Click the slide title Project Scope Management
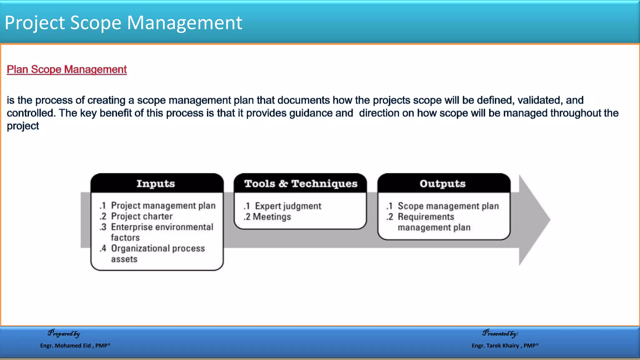(x=123, y=23)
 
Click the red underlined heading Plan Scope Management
(x=67, y=69)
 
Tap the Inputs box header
(x=156, y=183)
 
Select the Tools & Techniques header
(x=301, y=183)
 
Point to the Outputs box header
(x=442, y=183)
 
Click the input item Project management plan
(x=163, y=206)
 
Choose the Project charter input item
(x=142, y=216)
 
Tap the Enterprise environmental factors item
(x=162, y=232)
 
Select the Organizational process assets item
(x=158, y=253)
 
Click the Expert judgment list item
(x=288, y=206)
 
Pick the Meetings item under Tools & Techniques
(x=272, y=217)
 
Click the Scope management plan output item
(x=448, y=206)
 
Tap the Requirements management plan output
(x=434, y=222)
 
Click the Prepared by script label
(x=64, y=333)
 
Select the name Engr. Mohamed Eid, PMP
(x=75, y=346)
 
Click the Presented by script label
(x=500, y=333)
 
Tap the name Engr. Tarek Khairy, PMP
(x=505, y=346)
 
